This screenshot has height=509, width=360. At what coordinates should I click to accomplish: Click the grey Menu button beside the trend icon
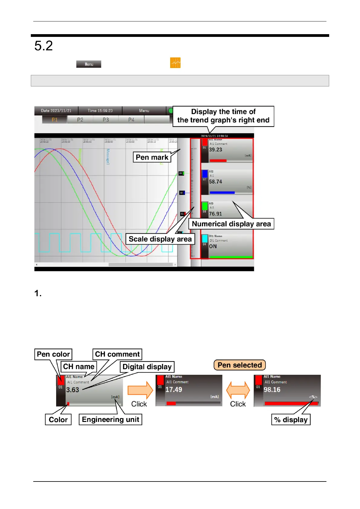pyautogui.click(x=89, y=64)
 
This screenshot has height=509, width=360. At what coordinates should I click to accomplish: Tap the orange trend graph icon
pyautogui.click(x=175, y=63)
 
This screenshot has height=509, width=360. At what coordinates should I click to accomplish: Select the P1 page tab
pyautogui.click(x=55, y=120)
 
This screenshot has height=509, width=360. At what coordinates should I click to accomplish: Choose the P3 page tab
pyautogui.click(x=105, y=120)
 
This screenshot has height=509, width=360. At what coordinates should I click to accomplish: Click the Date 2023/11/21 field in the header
pyautogui.click(x=56, y=111)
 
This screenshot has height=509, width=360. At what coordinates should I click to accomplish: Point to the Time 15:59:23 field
pyautogui.click(x=100, y=111)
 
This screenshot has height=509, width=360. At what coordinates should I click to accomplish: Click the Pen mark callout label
pyautogui.click(x=152, y=157)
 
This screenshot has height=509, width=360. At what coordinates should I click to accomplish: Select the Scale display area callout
pyautogui.click(x=160, y=239)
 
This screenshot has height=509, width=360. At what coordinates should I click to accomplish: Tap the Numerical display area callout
pyautogui.click(x=231, y=224)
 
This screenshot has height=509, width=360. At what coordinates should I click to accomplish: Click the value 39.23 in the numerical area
pyautogui.click(x=216, y=150)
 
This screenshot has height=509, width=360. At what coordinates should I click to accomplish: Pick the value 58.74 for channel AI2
pyautogui.click(x=216, y=182)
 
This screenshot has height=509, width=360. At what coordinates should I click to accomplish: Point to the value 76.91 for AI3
pyautogui.click(x=216, y=214)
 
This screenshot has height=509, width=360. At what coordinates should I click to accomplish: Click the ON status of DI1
pyautogui.click(x=213, y=246)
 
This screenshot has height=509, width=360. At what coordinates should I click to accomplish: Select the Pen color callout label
pyautogui.click(x=53, y=354)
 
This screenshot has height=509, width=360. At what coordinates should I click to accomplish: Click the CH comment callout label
pyautogui.click(x=117, y=354)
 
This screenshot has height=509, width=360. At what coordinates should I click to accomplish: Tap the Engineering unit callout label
pyautogui.click(x=110, y=420)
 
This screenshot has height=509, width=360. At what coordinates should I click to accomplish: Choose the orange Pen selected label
pyautogui.click(x=240, y=365)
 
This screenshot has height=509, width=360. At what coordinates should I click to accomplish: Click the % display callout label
pyautogui.click(x=291, y=420)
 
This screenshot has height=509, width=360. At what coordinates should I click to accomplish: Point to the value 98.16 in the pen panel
pyautogui.click(x=272, y=390)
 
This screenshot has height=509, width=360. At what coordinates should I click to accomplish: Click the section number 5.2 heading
pyautogui.click(x=44, y=46)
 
